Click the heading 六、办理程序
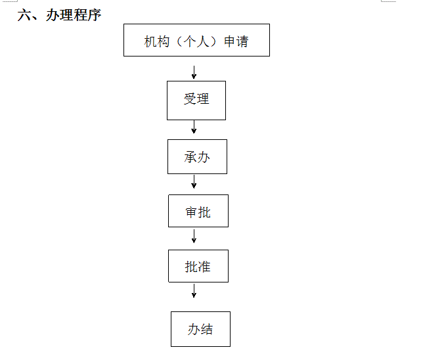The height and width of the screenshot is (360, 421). (59, 14)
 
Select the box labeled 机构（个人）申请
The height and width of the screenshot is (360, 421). (196, 40)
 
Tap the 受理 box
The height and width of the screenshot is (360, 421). (196, 101)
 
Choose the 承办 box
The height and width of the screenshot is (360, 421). (197, 156)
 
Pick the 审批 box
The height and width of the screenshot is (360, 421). (198, 211)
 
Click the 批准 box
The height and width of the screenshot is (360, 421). (198, 266)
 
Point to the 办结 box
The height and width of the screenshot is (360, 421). (200, 329)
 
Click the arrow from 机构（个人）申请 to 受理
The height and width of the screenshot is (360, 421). (194, 72)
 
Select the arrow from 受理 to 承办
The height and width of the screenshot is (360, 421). (194, 127)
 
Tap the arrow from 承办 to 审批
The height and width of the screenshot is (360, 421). (194, 182)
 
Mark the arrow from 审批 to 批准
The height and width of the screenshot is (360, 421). (194, 236)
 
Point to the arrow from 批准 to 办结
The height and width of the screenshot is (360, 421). (194, 291)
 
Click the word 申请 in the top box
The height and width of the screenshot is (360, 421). (236, 41)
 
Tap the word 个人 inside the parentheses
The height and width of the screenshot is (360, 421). (196, 41)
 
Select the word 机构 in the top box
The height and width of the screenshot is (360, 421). (157, 41)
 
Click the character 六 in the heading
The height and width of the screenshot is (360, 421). (24, 14)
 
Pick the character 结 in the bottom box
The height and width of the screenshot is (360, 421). (207, 329)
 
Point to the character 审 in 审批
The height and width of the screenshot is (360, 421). (191, 212)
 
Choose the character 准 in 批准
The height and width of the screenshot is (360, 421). (204, 267)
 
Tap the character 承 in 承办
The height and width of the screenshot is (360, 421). (190, 157)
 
